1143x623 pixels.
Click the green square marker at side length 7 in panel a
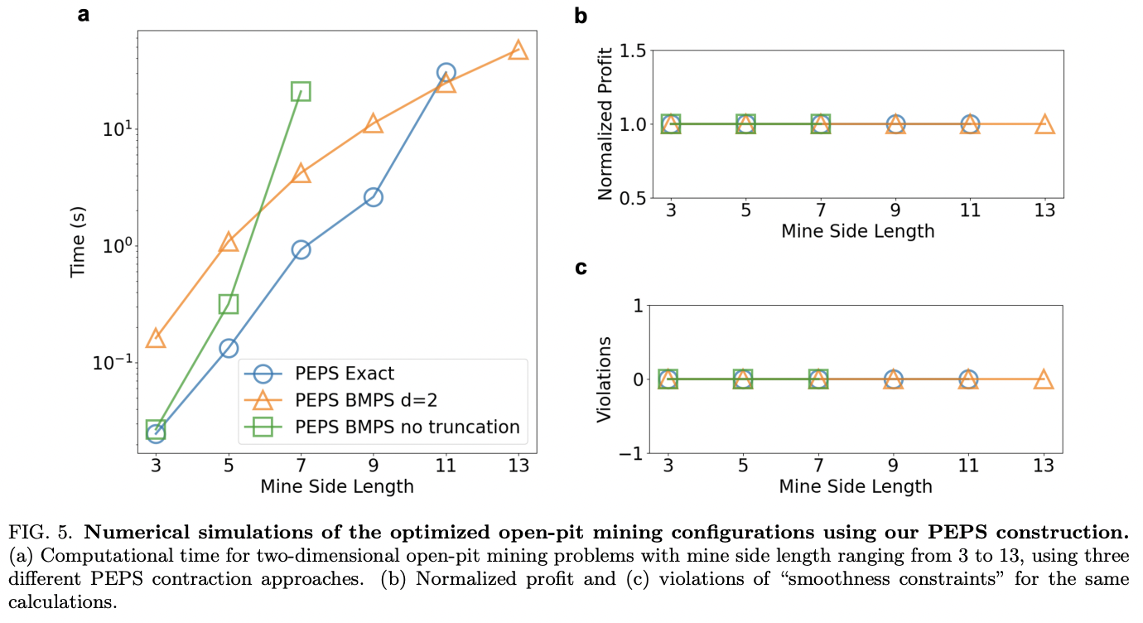point(301,91)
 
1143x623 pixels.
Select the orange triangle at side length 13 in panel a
point(518,51)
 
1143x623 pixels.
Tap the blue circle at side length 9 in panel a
point(373,197)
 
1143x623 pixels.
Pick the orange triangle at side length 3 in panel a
point(156,338)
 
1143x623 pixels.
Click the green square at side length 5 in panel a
point(228,304)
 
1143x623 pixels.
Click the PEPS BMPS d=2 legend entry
point(365,401)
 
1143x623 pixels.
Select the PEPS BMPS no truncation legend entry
point(407,427)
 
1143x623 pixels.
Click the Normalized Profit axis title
point(605,124)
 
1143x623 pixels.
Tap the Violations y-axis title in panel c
point(605,379)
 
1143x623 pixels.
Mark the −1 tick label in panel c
point(633,453)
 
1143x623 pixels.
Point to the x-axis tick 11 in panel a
point(445,465)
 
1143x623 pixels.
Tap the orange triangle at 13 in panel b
point(1044,124)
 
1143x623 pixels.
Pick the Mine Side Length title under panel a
point(337,487)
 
